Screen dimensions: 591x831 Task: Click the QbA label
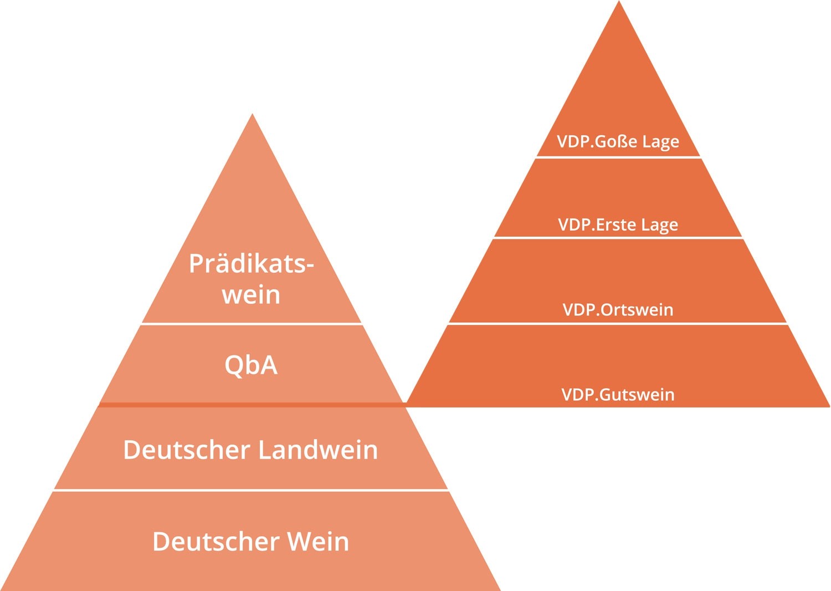pyautogui.click(x=251, y=365)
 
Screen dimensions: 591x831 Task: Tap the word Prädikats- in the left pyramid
pyautogui.click(x=251, y=264)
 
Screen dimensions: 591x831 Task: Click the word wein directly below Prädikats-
pyautogui.click(x=251, y=295)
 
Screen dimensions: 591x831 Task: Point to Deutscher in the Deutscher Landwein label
pyautogui.click(x=187, y=450)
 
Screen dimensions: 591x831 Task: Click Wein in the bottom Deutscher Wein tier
pyautogui.click(x=317, y=542)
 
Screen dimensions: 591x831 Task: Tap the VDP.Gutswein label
pyautogui.click(x=618, y=395)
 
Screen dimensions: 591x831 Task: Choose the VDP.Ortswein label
pyautogui.click(x=618, y=309)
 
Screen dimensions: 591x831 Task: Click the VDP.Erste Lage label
pyautogui.click(x=618, y=225)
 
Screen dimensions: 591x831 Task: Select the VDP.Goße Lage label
pyautogui.click(x=618, y=141)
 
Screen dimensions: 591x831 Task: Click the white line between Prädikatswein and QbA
pyautogui.click(x=252, y=324)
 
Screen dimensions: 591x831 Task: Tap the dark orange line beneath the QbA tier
pyautogui.click(x=252, y=405)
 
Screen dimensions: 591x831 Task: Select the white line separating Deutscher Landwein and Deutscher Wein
pyautogui.click(x=252, y=490)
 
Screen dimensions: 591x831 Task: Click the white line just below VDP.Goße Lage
pyautogui.click(x=618, y=157)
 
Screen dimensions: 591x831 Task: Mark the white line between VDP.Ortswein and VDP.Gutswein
pyautogui.click(x=618, y=324)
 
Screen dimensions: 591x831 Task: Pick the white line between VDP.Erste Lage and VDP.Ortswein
pyautogui.click(x=618, y=238)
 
